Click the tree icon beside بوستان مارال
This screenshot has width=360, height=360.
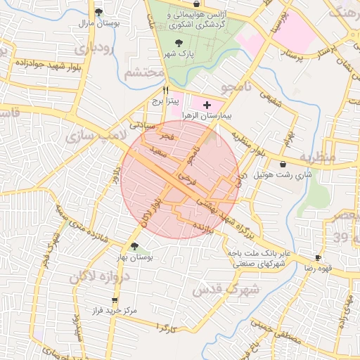click(x=98, y=12)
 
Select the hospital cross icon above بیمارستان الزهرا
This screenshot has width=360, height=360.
click(x=207, y=105)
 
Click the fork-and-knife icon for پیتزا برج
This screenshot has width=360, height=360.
click(x=166, y=90)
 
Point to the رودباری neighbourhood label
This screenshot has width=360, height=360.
click(x=92, y=50)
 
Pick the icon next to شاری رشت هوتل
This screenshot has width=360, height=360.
click(x=283, y=164)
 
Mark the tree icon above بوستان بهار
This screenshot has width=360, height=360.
click(x=134, y=246)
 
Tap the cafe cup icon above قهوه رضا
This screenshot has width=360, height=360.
click(x=318, y=258)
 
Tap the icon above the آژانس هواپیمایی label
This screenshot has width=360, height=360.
click(x=195, y=4)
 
